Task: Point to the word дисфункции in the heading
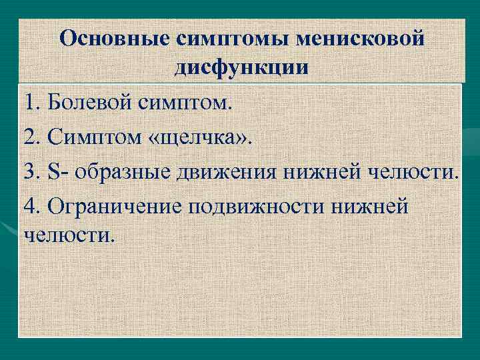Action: point(241,67)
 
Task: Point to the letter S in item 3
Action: point(54,173)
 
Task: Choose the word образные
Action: point(124,173)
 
